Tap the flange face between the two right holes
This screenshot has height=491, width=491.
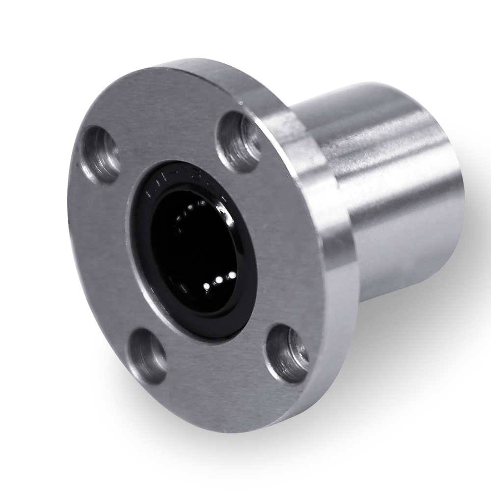tap(280, 236)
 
